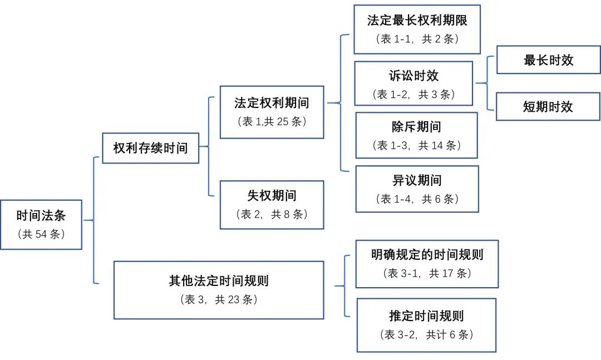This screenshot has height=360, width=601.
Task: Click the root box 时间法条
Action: click(x=41, y=224)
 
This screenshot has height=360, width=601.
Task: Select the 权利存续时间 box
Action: click(x=150, y=148)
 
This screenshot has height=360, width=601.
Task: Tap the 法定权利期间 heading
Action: click(x=272, y=103)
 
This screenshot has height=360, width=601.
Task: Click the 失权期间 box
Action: click(x=272, y=205)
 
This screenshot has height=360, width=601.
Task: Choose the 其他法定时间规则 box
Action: click(x=219, y=290)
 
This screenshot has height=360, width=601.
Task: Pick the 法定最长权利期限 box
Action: click(x=417, y=29)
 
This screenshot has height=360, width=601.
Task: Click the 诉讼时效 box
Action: click(x=413, y=83)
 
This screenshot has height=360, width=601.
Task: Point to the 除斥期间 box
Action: click(x=416, y=135)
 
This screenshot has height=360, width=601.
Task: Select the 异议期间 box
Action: click(x=417, y=189)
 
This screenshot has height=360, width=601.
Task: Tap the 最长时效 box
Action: click(x=548, y=60)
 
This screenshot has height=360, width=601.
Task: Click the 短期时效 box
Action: click(x=548, y=106)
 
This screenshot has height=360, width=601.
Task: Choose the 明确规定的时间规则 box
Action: click(x=427, y=264)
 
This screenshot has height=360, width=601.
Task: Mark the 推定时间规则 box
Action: click(x=426, y=325)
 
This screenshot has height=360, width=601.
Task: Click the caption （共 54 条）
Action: click(x=42, y=234)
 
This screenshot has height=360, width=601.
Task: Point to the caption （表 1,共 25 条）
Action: click(x=272, y=122)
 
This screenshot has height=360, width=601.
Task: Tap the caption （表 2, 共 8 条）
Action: click(x=272, y=215)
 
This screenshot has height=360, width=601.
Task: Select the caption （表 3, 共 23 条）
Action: click(x=219, y=300)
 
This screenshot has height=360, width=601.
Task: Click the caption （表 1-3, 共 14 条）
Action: click(x=416, y=146)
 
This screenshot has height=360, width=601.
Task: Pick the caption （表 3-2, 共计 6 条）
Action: click(x=426, y=335)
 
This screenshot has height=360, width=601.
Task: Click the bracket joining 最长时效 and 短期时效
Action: click(x=487, y=83)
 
